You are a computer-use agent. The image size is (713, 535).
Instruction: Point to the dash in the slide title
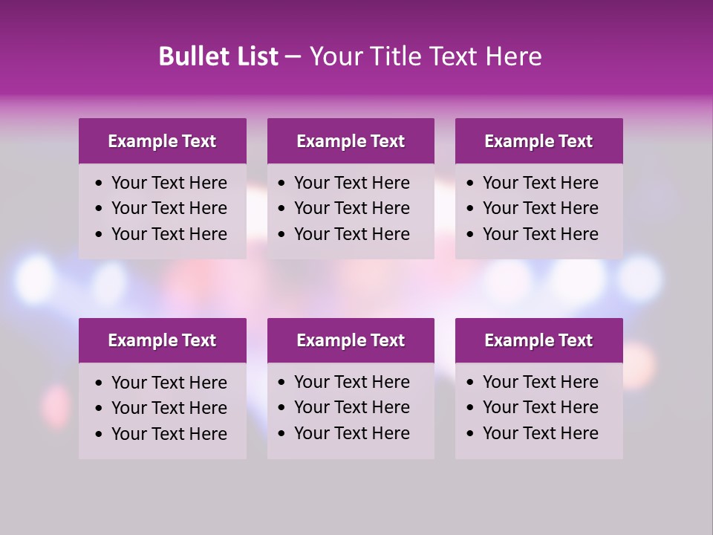click(293, 57)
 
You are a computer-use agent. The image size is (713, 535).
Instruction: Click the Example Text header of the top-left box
click(162, 141)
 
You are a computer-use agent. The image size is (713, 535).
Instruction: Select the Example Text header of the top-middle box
click(351, 141)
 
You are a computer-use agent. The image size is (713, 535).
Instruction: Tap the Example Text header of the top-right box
click(538, 141)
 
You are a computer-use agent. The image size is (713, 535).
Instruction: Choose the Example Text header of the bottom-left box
click(162, 340)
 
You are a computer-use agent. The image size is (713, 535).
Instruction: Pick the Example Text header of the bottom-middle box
click(351, 340)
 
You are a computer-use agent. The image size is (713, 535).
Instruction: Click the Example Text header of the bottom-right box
click(538, 340)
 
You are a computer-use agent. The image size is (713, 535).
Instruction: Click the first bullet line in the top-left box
click(169, 183)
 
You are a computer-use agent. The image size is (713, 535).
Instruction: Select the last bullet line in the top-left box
click(169, 234)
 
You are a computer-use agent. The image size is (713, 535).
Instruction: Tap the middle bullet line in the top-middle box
click(351, 208)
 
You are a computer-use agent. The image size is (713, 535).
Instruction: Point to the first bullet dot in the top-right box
click(471, 184)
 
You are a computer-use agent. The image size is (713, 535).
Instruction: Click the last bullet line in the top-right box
click(540, 234)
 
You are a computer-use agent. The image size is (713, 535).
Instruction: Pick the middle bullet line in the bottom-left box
click(169, 408)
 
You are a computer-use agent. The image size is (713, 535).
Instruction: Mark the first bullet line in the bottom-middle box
click(351, 382)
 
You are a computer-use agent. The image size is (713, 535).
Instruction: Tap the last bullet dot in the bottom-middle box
click(282, 434)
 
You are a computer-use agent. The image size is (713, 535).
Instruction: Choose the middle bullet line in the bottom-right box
click(540, 407)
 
